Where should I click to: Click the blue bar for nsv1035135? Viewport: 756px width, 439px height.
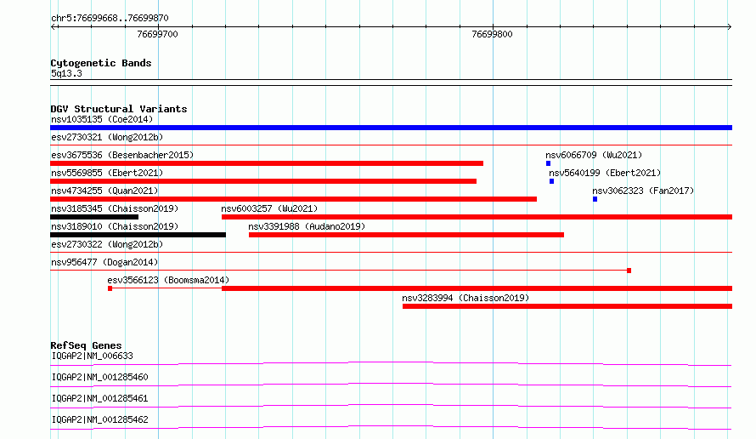tap(391, 128)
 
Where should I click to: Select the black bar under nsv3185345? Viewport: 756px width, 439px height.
tap(94, 217)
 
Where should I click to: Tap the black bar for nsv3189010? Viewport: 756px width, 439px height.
tap(138, 235)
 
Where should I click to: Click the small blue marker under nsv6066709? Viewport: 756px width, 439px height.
tap(548, 163)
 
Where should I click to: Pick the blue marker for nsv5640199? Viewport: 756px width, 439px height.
tap(551, 181)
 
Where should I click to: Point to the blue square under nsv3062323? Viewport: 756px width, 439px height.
tap(595, 199)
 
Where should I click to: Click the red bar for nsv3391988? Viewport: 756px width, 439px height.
tap(406, 235)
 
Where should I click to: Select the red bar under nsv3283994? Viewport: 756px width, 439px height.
tap(567, 306)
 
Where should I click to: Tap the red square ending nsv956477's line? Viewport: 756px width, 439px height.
tap(629, 271)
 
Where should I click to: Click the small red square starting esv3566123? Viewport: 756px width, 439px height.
tap(110, 288)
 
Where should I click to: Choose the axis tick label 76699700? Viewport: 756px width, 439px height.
tap(158, 34)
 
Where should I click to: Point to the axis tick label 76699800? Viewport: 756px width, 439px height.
tap(493, 34)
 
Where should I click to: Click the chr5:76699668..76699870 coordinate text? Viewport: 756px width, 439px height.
tap(110, 18)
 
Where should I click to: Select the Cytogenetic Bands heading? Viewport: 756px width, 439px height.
tap(101, 63)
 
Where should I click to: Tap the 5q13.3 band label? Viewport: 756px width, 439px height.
tap(66, 73)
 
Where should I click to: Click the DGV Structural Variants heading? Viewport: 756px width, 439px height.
tap(119, 109)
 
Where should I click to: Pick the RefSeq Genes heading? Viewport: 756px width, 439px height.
tap(87, 345)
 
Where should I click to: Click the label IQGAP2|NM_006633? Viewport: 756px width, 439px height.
tap(92, 356)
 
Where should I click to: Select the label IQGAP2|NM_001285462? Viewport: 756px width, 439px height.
tap(99, 419)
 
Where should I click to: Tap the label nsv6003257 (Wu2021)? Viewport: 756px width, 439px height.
tap(269, 208)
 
